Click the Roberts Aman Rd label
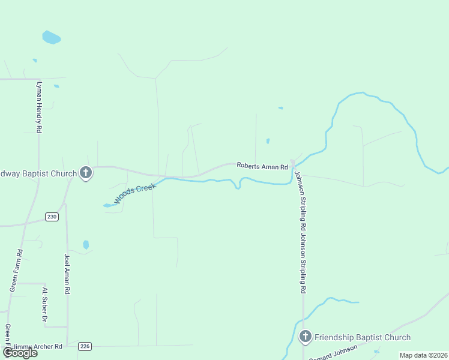262,166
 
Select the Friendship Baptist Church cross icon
305,337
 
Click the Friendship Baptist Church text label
363,337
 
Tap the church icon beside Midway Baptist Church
86,173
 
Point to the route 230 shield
52,217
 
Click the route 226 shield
85,346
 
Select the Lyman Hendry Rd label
39,107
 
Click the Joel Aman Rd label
67,274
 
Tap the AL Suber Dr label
44,305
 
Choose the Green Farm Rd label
16,270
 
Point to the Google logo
20,352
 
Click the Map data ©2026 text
423,355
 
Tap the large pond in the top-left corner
51,37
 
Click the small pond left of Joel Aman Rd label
86,244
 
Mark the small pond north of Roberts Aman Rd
268,142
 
